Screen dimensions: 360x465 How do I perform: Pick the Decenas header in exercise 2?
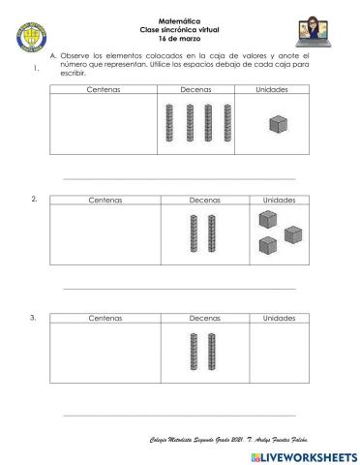(204, 200)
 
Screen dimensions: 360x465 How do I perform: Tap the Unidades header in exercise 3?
(279, 317)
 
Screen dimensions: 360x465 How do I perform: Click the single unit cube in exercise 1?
(278, 124)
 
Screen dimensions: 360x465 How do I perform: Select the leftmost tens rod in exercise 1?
(171, 125)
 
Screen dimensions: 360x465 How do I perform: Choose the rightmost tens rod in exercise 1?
(229, 125)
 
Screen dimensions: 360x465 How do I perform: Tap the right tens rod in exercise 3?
(211, 354)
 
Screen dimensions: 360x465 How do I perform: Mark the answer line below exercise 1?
(179, 178)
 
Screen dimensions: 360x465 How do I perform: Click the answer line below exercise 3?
(179, 414)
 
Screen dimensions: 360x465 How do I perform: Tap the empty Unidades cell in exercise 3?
(279, 355)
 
